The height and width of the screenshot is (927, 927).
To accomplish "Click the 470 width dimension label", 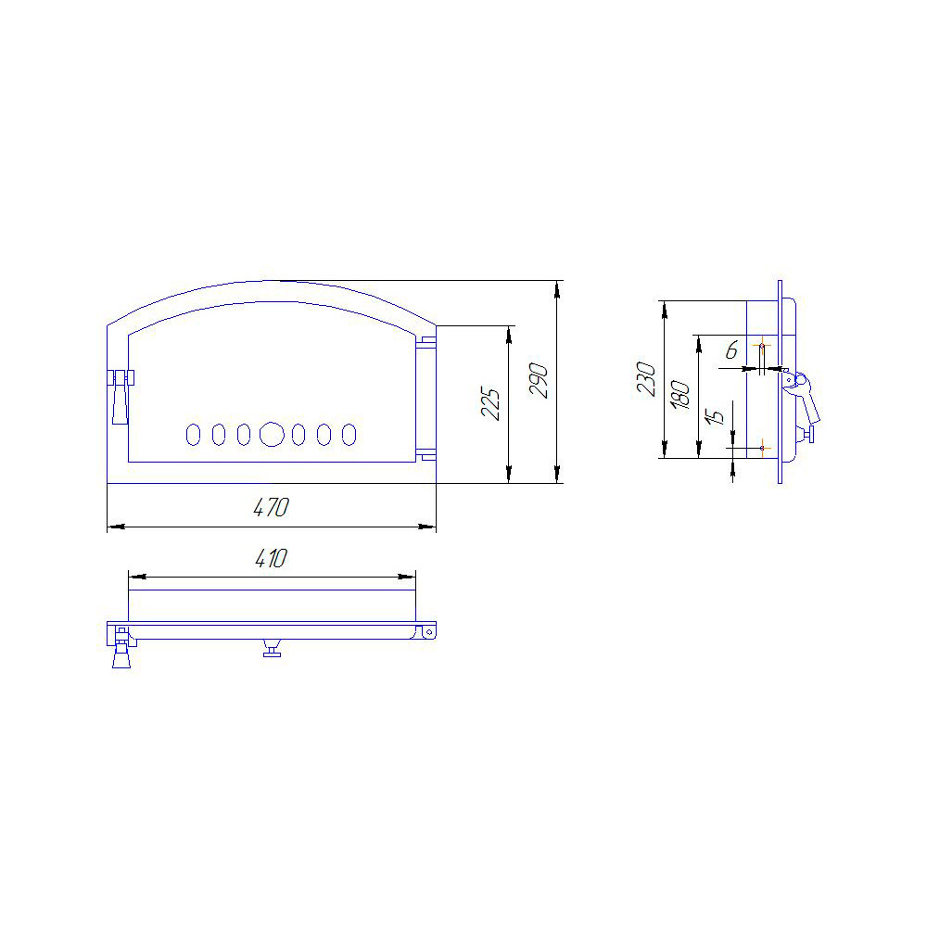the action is click(271, 507).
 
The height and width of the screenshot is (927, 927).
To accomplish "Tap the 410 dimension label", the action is click(271, 558).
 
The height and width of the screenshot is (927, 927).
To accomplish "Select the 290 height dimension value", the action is click(539, 381).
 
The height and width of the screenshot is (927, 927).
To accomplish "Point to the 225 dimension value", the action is click(490, 403).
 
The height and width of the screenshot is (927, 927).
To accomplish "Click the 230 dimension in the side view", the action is click(645, 379).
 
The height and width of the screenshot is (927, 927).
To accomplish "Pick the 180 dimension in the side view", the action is click(680, 395).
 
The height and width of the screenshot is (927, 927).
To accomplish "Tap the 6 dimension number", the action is click(732, 350).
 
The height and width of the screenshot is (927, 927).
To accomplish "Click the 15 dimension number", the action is click(715, 417).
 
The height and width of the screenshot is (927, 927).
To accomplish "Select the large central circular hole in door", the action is click(272, 435).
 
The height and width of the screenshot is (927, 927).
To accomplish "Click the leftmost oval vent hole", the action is click(194, 435).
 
